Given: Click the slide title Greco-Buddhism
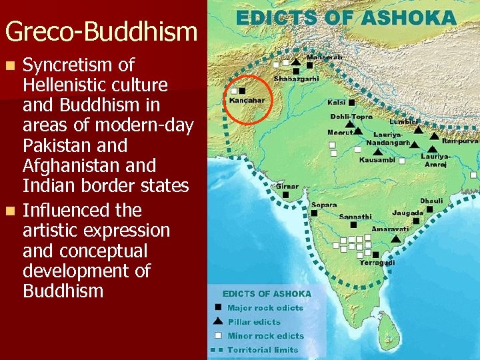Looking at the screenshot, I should coord(101,31).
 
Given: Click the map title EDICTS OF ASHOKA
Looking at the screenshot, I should coord(346,17).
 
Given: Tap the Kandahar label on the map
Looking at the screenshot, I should coord(247,101).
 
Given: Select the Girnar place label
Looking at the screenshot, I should coord(288,187).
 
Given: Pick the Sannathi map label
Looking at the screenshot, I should coord(356,217).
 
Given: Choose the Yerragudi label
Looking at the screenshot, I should coord(377,263).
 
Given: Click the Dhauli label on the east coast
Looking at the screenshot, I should coord(431,200).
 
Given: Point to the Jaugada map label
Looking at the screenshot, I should coord(407,213).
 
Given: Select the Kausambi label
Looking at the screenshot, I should coord(377,160).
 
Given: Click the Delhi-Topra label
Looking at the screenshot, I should coord(351,117).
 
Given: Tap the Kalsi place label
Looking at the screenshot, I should coord(336,103).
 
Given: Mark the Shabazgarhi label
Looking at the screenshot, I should coord(296,78).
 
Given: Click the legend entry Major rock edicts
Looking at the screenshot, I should coord(265,308).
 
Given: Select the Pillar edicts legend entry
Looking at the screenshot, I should coord(253,322).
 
